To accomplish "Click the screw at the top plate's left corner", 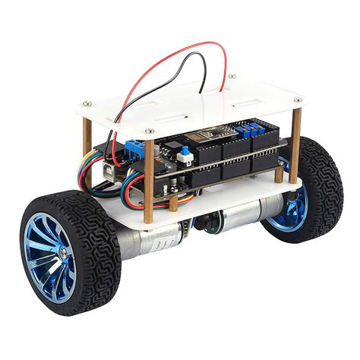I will [x=89, y=102].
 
